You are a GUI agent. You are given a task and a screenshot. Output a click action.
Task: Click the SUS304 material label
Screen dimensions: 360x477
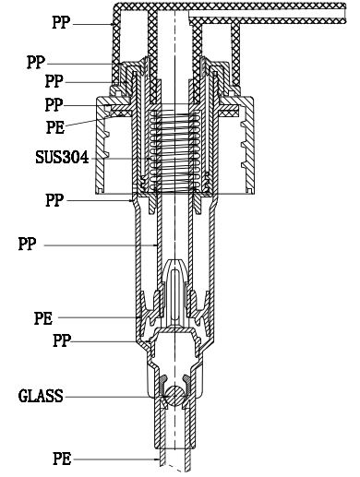pyautogui.click(x=62, y=157)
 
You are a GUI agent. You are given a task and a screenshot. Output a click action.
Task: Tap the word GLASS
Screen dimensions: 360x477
pyautogui.click(x=41, y=396)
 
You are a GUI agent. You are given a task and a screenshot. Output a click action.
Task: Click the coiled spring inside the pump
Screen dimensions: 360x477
pyautogui.click(x=174, y=150)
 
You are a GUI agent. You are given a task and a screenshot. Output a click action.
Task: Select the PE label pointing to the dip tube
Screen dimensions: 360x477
pyautogui.click(x=62, y=459)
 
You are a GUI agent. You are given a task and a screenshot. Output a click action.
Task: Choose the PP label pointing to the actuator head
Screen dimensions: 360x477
pyautogui.click(x=61, y=22)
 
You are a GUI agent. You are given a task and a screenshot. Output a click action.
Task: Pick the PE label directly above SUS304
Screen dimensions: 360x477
pyautogui.click(x=55, y=127)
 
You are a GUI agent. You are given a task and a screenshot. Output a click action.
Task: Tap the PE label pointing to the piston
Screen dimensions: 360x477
pyautogui.click(x=43, y=318)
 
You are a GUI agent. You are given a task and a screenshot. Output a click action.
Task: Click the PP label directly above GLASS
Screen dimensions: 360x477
pyautogui.click(x=62, y=340)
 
